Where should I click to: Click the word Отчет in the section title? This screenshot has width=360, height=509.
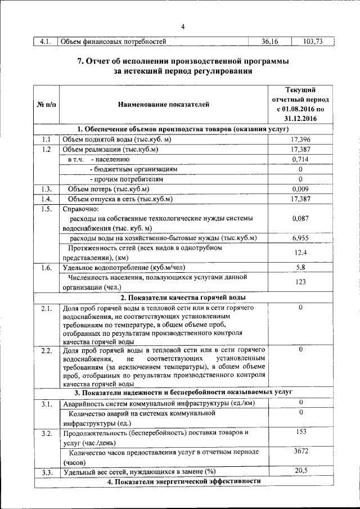102,61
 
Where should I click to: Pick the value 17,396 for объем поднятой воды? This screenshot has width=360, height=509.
300,139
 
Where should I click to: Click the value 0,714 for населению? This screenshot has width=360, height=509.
300,159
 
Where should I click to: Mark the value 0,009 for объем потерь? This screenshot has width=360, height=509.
300,189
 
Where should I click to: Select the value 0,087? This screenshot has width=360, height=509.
300,219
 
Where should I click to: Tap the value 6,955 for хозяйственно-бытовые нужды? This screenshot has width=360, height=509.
300,238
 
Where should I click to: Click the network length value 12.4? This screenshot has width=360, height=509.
300,253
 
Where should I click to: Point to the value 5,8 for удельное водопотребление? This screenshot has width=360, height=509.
300,267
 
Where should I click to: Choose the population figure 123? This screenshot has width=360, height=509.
300,282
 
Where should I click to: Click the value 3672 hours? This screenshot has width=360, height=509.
300,451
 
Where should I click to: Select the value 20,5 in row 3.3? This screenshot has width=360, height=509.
300,470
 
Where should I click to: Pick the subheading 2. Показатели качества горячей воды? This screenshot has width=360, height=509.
182,297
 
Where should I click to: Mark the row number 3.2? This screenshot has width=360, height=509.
46,433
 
